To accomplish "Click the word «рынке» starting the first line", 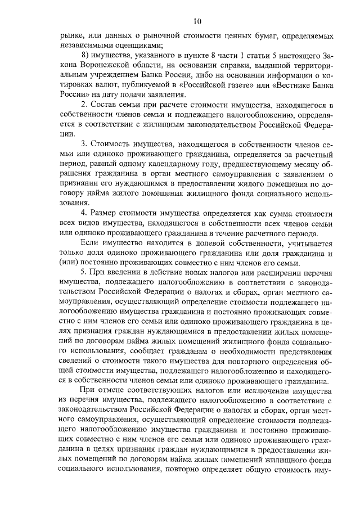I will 71,37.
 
